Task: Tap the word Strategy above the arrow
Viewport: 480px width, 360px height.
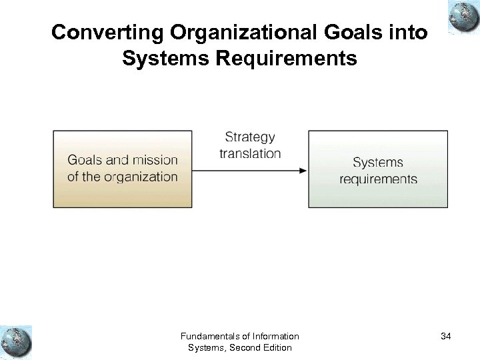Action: coord(250,137)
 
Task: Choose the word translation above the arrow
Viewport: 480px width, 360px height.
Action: coord(250,153)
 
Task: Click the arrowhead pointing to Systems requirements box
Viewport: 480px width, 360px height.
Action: coord(303,170)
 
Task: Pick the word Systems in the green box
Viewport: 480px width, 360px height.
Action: coord(378,162)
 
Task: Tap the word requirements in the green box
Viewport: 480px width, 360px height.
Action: coord(378,179)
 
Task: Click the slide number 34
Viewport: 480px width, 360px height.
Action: coord(445,337)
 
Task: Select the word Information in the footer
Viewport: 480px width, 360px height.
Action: coord(274,336)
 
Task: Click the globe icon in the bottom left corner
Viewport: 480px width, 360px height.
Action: coord(16,342)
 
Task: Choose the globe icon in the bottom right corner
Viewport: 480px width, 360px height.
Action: coord(463,342)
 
